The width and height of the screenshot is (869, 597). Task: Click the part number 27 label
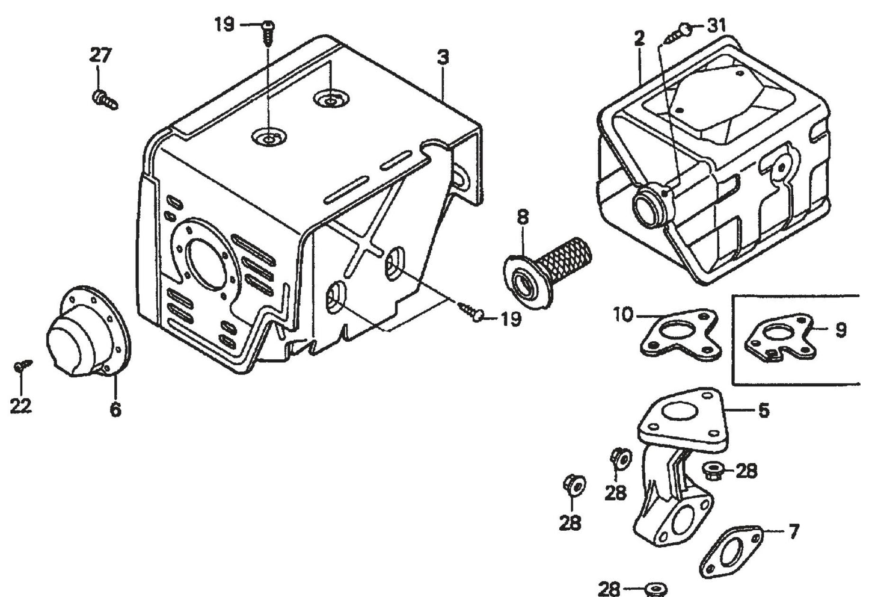click(x=100, y=55)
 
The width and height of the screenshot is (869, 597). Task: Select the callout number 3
click(x=443, y=58)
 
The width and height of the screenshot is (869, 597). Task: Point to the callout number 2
click(x=639, y=39)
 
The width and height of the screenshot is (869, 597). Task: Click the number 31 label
click(x=716, y=25)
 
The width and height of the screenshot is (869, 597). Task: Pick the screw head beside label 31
click(x=684, y=27)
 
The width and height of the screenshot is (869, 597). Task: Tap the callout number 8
click(x=523, y=217)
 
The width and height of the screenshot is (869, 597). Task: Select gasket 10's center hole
click(x=678, y=333)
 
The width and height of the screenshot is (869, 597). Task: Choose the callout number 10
click(x=624, y=314)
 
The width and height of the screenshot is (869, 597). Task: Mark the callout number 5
click(x=763, y=411)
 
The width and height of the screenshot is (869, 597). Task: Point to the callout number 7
click(x=794, y=531)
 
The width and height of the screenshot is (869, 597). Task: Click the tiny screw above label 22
click(x=22, y=365)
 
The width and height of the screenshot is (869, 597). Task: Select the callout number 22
click(x=20, y=406)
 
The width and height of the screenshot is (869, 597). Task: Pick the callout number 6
click(x=115, y=410)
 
